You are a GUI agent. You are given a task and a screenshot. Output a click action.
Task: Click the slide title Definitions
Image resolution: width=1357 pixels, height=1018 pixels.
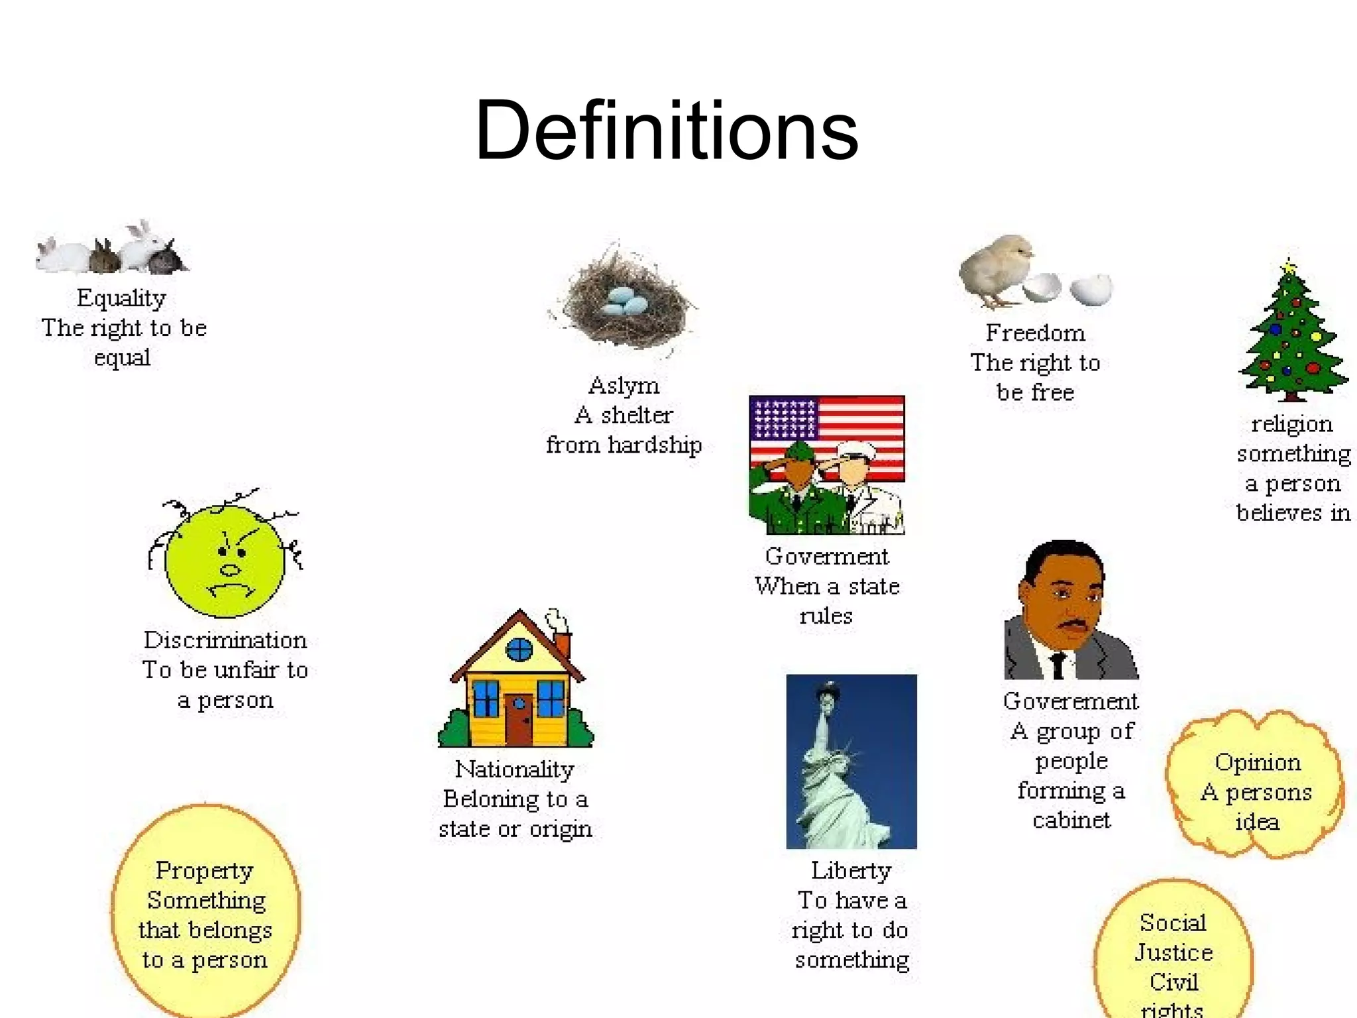point(667,131)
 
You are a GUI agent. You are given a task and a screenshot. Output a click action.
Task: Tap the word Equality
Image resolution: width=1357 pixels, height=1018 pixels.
point(121,298)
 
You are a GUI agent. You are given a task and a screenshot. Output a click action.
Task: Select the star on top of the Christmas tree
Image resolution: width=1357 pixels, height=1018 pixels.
point(1289,268)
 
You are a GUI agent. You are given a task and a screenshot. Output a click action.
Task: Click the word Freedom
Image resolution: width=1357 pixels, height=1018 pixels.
point(1035,333)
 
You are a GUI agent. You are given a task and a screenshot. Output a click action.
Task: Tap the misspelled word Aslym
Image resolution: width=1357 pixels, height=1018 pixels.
point(624,385)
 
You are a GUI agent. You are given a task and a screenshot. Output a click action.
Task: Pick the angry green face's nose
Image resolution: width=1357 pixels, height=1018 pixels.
point(230,569)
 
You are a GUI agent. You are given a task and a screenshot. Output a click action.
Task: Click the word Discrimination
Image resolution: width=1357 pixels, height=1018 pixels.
point(225,640)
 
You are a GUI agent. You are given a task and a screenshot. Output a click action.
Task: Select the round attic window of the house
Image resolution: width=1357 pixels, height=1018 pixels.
point(519,650)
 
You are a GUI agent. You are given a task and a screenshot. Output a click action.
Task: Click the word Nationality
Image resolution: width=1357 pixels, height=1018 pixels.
point(515,769)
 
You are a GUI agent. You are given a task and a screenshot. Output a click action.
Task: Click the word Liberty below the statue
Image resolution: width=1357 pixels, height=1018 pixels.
point(851,870)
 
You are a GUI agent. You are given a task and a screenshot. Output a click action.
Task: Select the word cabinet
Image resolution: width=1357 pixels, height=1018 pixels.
point(1071,820)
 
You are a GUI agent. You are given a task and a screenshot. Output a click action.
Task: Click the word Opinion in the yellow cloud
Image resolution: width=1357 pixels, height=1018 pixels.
point(1258,763)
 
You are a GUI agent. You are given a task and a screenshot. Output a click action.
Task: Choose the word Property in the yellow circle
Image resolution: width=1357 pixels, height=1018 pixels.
point(204,871)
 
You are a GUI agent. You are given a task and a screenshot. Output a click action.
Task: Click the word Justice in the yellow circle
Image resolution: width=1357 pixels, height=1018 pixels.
point(1173,953)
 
